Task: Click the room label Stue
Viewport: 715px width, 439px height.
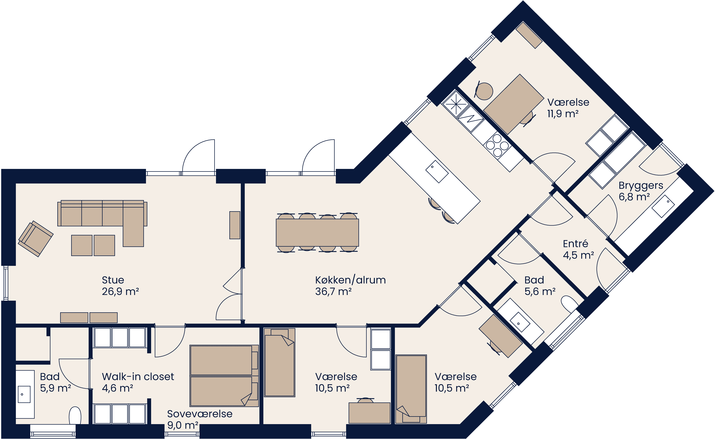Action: point(113,280)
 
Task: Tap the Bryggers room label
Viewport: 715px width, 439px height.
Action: point(641,186)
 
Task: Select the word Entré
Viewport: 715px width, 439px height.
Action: point(575,244)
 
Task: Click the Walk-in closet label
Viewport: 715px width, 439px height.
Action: point(138,377)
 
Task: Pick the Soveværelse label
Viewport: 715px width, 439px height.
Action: point(200,414)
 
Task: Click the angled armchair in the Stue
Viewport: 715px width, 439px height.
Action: point(36,239)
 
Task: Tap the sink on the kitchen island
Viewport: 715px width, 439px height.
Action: point(437,172)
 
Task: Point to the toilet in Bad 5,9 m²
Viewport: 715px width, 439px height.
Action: point(75,416)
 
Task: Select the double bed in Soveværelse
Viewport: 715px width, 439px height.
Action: point(224,376)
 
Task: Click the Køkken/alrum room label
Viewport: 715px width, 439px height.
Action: point(350,280)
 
